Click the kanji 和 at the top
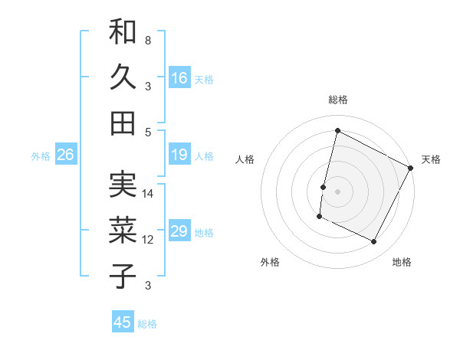pos(123,32)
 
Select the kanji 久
pos(123,77)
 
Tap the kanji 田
pos(123,123)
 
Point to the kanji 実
pos(123,185)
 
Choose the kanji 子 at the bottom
pos(123,276)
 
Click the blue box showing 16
pos(179,77)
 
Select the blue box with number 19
pos(179,155)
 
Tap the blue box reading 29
pos(179,231)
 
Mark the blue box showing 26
pos(65,155)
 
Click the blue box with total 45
pos(123,322)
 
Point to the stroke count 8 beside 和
pos(148,40)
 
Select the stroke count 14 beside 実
pos(148,193)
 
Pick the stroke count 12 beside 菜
pos(148,240)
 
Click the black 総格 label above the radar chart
pos(338,100)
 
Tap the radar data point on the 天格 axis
pos(411,168)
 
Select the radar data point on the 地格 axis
pos(374,242)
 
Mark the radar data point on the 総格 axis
pos(337,131)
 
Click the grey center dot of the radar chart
pos(337,191)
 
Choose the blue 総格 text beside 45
pos(147,324)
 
